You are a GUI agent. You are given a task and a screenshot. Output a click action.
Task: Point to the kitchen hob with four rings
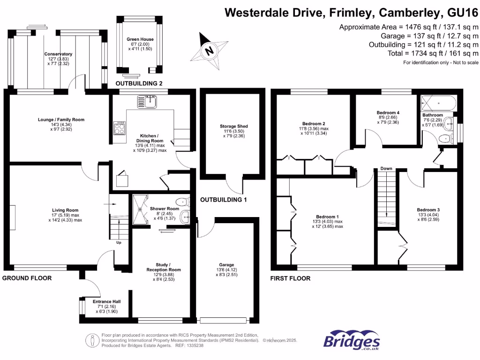[120, 128]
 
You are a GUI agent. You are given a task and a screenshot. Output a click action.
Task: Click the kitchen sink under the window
[150, 101]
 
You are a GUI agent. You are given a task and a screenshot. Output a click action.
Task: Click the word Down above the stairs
[386, 168]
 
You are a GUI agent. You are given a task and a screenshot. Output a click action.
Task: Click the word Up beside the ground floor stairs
[119, 243]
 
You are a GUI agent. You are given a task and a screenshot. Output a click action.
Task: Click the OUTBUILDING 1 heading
[223, 200]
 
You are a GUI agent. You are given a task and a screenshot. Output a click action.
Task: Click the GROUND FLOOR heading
[27, 278]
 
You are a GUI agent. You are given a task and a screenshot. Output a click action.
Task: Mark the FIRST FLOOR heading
[290, 278]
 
